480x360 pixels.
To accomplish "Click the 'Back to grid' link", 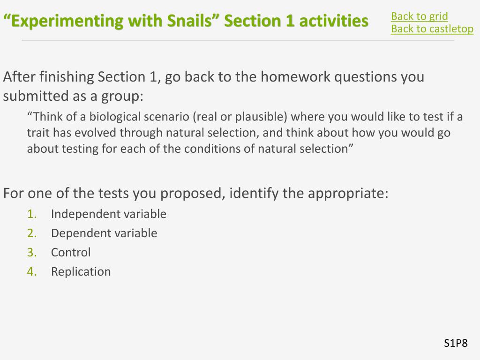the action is [x=420, y=16].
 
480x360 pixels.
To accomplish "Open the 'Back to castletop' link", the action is [x=432, y=29].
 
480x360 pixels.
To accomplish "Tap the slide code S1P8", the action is [x=456, y=343].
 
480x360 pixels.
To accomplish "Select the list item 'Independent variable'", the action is [x=109, y=214].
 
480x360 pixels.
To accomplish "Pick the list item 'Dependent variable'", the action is [x=104, y=233].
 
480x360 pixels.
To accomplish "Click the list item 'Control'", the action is [x=71, y=252].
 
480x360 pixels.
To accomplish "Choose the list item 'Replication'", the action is [x=81, y=271].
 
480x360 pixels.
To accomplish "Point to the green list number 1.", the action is [x=32, y=214].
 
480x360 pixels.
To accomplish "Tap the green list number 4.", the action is [x=32, y=271].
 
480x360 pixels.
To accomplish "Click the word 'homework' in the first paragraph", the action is [x=295, y=76].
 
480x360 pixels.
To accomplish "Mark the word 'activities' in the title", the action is [x=334, y=21].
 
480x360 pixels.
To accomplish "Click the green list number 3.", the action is [x=32, y=252].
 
